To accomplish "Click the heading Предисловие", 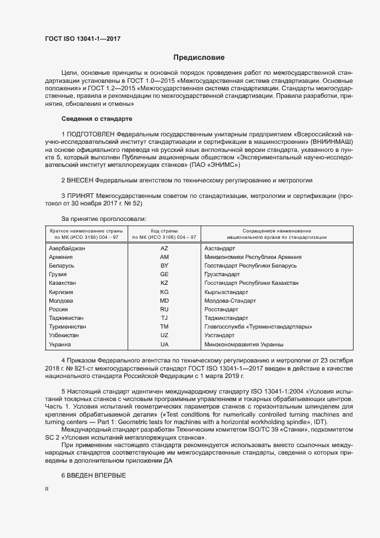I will click(199, 58).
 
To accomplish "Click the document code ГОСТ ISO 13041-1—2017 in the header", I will click(83, 39).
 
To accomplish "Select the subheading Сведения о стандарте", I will click(97, 119).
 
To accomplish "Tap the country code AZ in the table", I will click(164, 247).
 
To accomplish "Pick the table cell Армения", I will click(62, 257).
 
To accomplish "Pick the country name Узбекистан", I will click(64, 335).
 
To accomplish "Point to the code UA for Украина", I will click(164, 344).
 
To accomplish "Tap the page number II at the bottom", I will click(47, 489).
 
